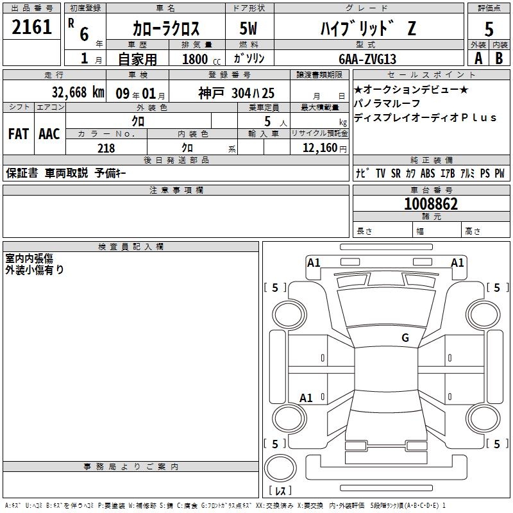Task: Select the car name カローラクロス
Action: pyautogui.click(x=166, y=28)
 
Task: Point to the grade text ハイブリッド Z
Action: pyautogui.click(x=367, y=28)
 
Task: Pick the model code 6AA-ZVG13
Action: pyautogui.click(x=367, y=59)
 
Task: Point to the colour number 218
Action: pyautogui.click(x=106, y=148)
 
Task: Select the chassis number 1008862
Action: pyautogui.click(x=431, y=204)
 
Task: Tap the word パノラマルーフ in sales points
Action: pyautogui.click(x=387, y=103)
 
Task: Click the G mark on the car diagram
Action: pyautogui.click(x=405, y=338)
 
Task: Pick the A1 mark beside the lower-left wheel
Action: pyautogui.click(x=306, y=398)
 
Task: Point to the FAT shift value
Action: pyautogui.click(x=18, y=133)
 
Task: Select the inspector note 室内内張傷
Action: pyautogui.click(x=29, y=258)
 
